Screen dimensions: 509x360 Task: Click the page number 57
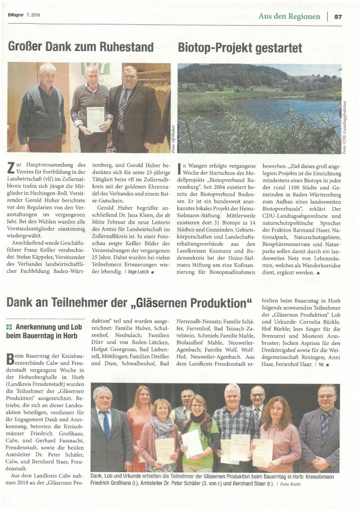pos(338,16)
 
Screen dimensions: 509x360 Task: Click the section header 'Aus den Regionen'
pos(289,16)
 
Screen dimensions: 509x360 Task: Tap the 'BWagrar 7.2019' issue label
pos(24,15)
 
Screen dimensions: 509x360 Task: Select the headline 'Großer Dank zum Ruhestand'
pos(81,48)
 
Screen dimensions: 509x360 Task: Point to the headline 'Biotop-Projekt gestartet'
pos(240,48)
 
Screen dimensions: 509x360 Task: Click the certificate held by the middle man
pos(95,118)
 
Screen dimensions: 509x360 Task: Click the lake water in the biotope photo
pos(278,110)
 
